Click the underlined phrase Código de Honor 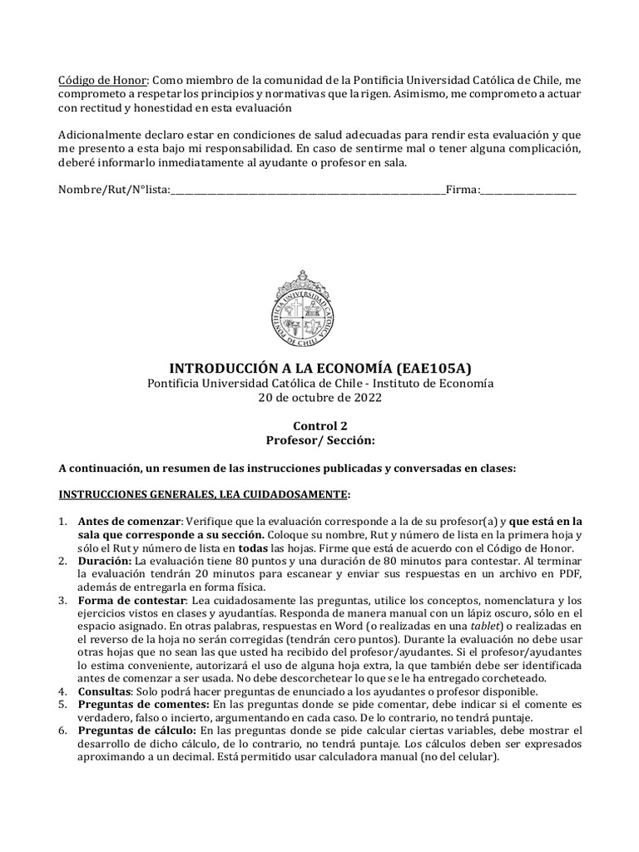(x=102, y=79)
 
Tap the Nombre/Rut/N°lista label (x=113, y=190)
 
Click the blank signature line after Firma (x=528, y=191)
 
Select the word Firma (x=462, y=190)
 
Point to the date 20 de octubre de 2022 (x=320, y=398)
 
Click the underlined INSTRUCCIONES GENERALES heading (x=203, y=494)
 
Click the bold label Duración (x=106, y=561)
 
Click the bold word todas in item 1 (x=255, y=547)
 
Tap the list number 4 (x=62, y=691)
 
